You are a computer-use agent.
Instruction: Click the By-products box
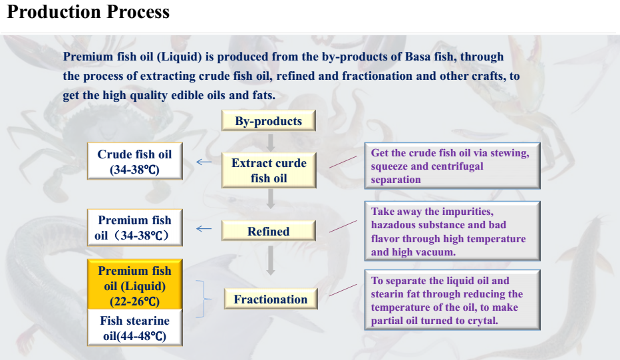tap(269, 120)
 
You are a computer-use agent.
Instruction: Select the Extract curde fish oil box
tap(269, 170)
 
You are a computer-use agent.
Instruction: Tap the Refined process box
tap(269, 231)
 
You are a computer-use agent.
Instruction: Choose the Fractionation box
tap(271, 299)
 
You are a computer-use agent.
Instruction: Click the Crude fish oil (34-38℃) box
tap(135, 162)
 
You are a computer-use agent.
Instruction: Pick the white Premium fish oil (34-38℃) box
tap(135, 228)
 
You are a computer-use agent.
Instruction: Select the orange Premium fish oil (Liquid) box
tap(135, 284)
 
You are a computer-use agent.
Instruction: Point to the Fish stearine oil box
tap(135, 327)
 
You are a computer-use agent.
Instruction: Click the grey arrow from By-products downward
tap(271, 142)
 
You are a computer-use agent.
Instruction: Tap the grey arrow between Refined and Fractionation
tap(271, 260)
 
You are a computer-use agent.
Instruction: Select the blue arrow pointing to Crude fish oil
tap(204, 162)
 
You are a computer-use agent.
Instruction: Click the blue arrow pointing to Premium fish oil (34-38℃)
tap(204, 228)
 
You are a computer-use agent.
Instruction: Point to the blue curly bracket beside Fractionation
tap(204, 299)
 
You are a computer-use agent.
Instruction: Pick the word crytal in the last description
tap(482, 321)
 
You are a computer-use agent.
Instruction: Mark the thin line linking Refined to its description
tap(343, 226)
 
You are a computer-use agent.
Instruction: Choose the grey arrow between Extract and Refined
tap(271, 198)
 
